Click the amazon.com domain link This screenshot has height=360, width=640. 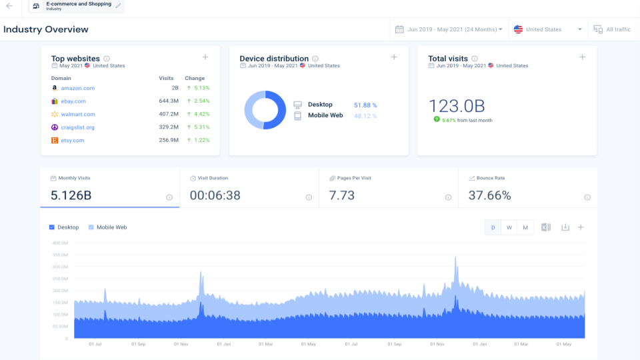[x=77, y=88]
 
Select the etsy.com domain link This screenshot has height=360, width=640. [x=73, y=141]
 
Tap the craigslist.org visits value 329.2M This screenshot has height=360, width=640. [x=169, y=127]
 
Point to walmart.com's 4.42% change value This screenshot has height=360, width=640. [x=200, y=114]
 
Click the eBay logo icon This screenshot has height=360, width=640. [x=55, y=101]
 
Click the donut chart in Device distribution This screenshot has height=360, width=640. [x=265, y=110]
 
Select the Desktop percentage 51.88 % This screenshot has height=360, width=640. [x=365, y=105]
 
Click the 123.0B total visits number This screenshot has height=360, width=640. [x=457, y=107]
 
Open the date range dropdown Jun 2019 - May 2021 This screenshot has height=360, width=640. [x=449, y=29]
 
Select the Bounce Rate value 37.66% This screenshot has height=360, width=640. [x=489, y=195]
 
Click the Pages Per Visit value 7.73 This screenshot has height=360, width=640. [x=341, y=195]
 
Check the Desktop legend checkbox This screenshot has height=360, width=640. [x=53, y=227]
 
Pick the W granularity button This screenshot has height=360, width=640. [x=509, y=227]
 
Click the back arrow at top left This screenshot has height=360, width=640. [x=9, y=6]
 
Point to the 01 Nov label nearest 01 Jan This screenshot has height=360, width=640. [x=181, y=345]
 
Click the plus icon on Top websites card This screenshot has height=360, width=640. [x=205, y=57]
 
